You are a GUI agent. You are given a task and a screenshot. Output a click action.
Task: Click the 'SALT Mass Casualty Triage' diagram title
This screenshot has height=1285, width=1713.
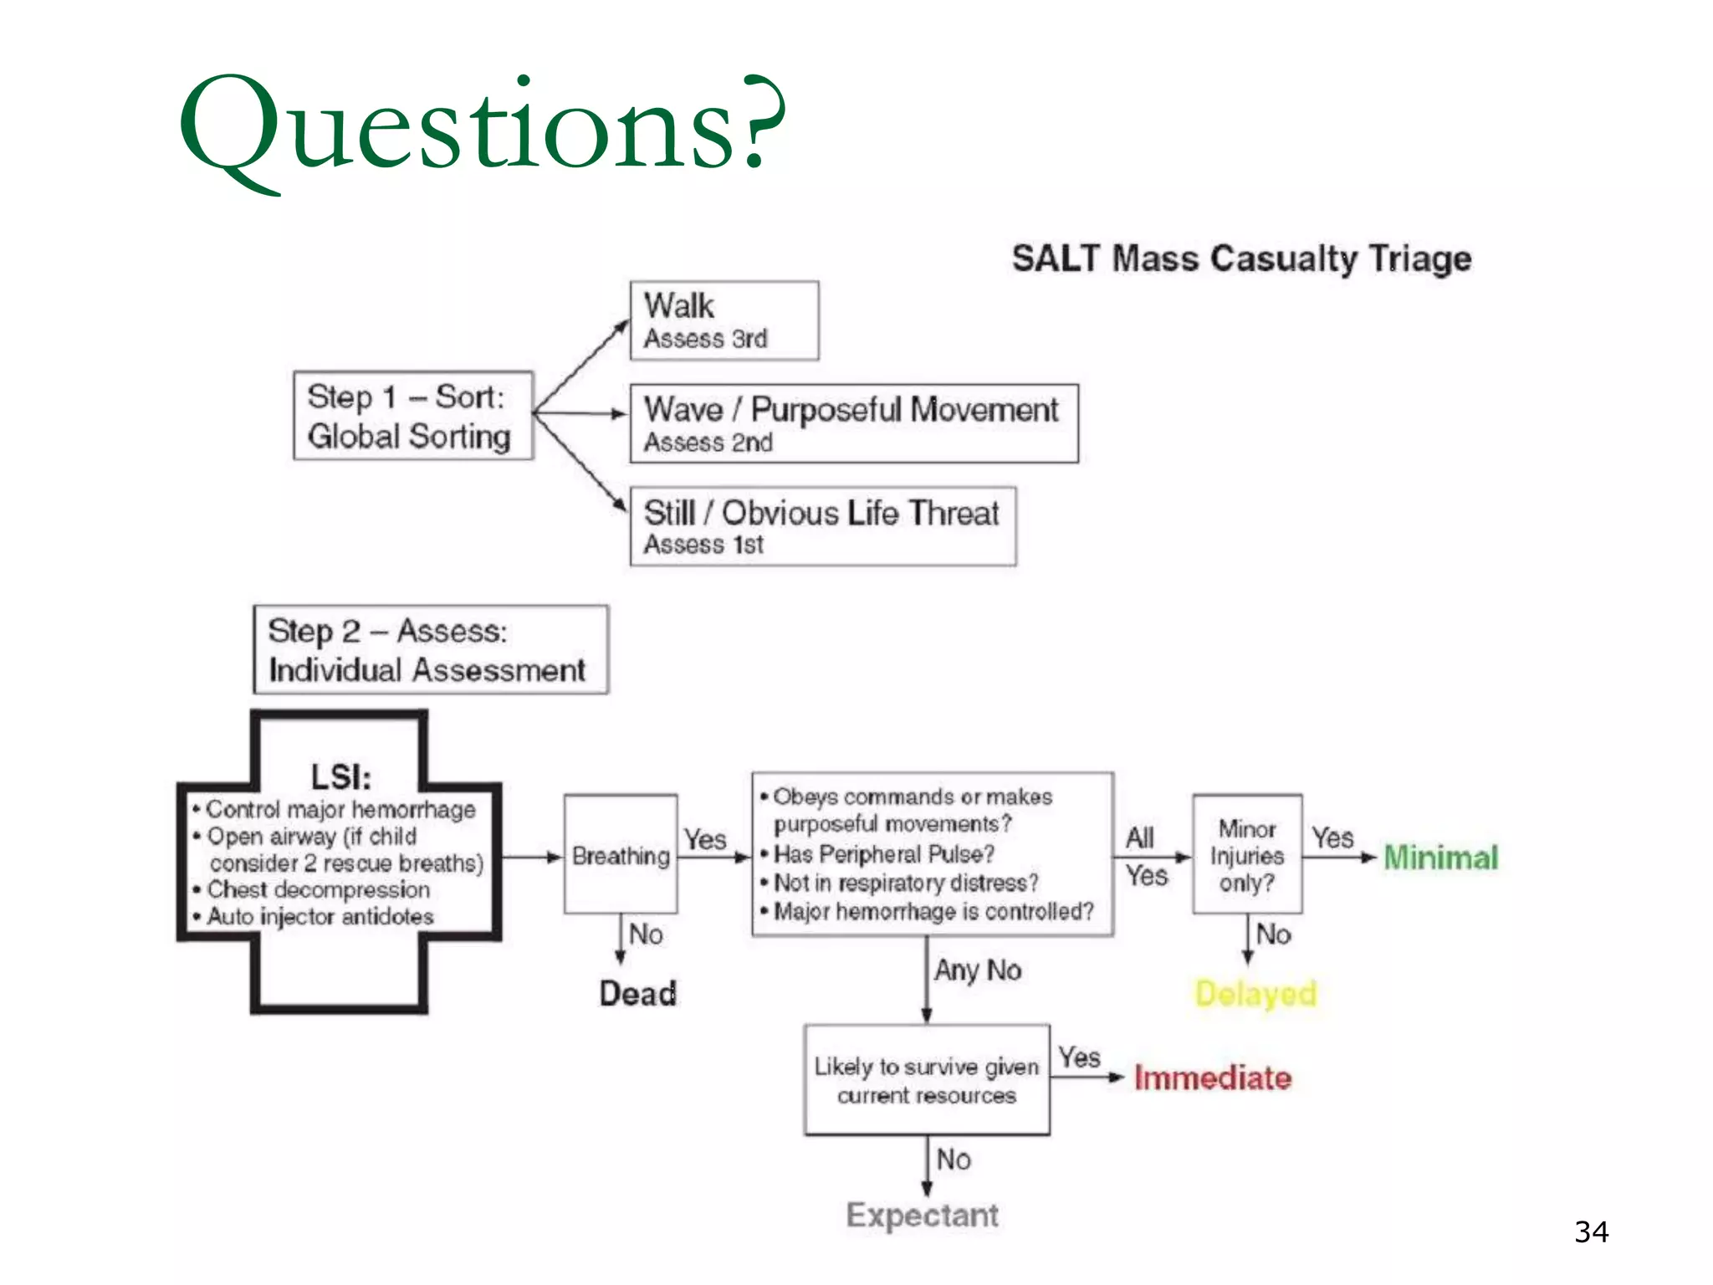tap(1241, 259)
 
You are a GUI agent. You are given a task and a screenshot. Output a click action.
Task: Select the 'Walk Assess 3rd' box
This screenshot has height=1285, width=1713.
tap(724, 320)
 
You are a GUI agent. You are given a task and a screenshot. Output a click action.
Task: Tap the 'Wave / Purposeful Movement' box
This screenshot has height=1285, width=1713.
tap(853, 423)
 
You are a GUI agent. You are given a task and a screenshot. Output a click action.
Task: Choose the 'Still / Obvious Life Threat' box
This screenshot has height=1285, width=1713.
tap(823, 526)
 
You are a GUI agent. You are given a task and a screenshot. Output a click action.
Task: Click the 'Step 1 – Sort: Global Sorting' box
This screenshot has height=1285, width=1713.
tap(412, 416)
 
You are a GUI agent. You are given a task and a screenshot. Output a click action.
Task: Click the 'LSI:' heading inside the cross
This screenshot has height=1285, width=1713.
tap(340, 777)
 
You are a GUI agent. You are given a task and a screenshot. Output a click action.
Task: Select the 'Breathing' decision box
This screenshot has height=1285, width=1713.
tap(621, 855)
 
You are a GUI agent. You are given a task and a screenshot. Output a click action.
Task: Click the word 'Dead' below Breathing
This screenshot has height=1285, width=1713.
tap(637, 994)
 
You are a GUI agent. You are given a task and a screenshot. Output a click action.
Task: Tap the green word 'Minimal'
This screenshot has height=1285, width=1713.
tap(1440, 858)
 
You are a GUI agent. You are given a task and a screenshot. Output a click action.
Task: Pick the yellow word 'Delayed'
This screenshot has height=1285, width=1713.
tap(1255, 994)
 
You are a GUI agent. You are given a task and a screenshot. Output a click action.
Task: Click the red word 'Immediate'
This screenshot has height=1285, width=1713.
tap(1212, 1078)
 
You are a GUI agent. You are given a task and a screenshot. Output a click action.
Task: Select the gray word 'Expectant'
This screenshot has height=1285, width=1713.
tap(922, 1215)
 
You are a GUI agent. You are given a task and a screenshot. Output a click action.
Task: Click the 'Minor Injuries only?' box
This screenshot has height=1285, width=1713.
tap(1246, 855)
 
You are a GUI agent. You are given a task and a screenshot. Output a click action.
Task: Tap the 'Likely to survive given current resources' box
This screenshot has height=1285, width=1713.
tap(926, 1080)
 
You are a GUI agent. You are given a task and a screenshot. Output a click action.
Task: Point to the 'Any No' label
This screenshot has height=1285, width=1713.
tap(978, 970)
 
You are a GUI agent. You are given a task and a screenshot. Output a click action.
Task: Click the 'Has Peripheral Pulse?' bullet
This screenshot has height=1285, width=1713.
tap(883, 854)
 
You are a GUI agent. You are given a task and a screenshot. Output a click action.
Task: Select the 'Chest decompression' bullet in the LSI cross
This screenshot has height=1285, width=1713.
tap(318, 889)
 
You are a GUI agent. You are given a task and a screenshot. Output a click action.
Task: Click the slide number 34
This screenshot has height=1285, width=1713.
tap(1591, 1232)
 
